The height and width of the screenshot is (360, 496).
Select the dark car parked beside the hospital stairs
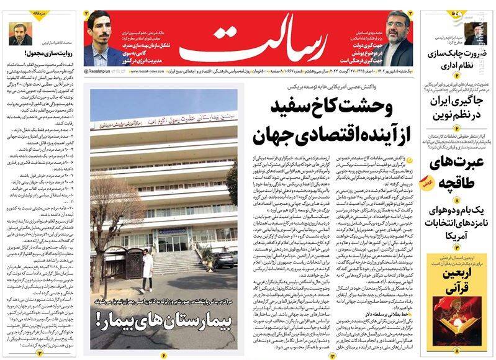pyautogui.click(x=224, y=258)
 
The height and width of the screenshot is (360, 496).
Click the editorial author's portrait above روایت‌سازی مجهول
pyautogui.click(x=20, y=33)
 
